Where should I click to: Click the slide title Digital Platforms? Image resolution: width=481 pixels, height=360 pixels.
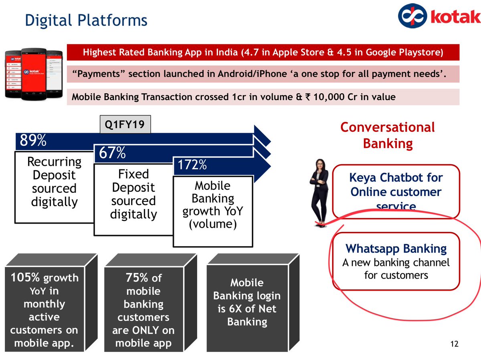click(86, 20)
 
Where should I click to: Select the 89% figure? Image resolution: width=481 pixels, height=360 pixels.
click(31, 141)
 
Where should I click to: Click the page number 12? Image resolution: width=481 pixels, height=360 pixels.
click(454, 344)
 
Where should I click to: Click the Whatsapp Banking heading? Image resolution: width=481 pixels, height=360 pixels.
click(396, 249)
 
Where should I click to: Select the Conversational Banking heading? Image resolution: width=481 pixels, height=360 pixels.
click(388, 135)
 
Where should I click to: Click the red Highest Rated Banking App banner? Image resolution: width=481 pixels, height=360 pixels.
click(263, 52)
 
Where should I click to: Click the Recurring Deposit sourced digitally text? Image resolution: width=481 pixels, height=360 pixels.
click(54, 181)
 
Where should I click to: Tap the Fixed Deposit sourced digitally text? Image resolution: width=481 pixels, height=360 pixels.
click(133, 194)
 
